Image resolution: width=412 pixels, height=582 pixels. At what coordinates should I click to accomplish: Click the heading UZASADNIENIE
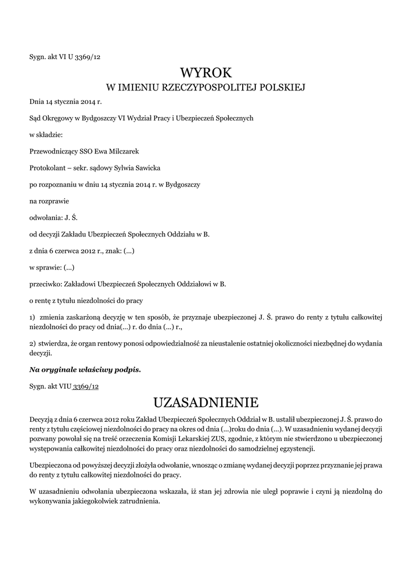pos(206,403)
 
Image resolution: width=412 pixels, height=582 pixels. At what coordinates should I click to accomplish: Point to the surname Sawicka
pos(147,168)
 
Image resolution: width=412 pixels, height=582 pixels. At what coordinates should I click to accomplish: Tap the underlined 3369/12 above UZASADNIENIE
pos(85,386)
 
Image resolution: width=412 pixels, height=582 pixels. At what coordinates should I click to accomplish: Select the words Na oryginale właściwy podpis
pos(85,370)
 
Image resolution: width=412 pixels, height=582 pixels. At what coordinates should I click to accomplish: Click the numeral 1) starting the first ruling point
pos(32,316)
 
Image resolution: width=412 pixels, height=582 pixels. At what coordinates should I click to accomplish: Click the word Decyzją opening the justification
pos(42,419)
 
